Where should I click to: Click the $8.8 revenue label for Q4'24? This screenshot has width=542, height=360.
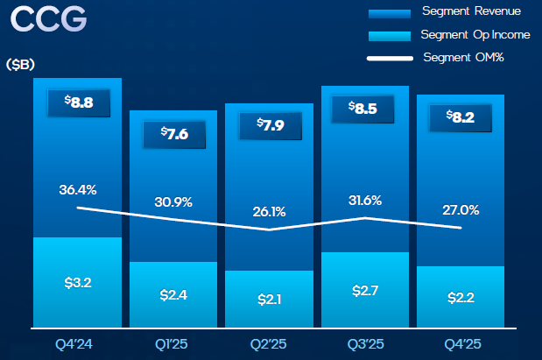click(78, 102)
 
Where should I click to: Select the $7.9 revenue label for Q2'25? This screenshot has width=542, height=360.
click(270, 125)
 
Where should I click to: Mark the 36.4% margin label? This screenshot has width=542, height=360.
click(78, 189)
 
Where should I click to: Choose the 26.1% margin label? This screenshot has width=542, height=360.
click(270, 211)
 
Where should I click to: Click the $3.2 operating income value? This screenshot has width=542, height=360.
click(78, 283)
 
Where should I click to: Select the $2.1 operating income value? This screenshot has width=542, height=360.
click(270, 300)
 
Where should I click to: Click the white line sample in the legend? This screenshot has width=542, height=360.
click(389, 59)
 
